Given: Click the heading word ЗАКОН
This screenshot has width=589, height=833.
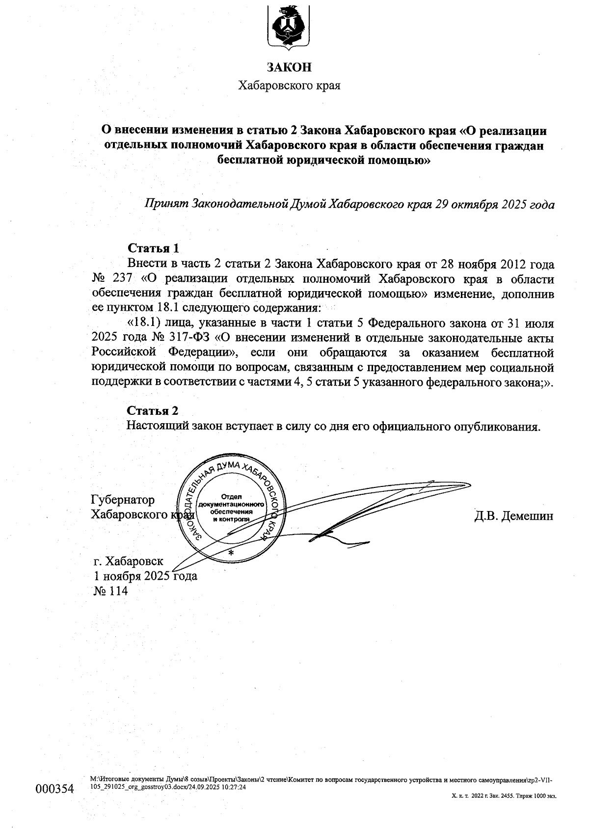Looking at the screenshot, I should [x=289, y=67].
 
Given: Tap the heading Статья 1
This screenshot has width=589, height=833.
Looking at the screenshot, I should [x=153, y=247].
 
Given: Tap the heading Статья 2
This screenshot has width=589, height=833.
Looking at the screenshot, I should [x=153, y=410].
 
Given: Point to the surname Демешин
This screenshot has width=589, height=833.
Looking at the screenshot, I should [x=529, y=516].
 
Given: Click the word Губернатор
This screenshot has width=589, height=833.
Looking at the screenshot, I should [x=123, y=500].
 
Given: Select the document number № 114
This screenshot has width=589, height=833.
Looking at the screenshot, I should [x=110, y=591].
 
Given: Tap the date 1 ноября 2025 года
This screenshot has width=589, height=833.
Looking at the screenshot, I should [x=145, y=576].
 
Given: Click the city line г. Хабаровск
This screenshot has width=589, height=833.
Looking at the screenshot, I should [x=129, y=561].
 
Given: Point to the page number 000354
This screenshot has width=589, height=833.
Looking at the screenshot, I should [x=54, y=789].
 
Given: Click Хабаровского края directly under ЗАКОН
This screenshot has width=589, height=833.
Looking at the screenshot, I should [x=289, y=86].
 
